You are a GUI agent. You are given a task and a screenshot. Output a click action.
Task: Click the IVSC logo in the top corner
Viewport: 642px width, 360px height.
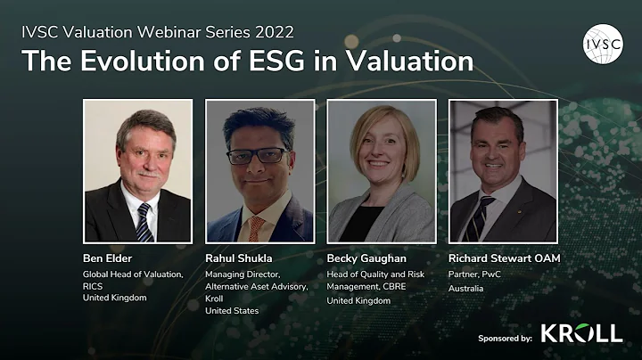(603, 44)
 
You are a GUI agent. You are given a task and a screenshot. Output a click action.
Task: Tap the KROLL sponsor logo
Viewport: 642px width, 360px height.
(581, 333)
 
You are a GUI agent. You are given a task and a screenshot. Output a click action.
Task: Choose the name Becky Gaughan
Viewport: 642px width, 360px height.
(365, 258)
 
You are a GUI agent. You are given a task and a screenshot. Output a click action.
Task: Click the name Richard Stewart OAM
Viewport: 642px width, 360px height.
(503, 258)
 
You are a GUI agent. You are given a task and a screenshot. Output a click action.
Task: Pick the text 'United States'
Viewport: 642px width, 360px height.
(232, 311)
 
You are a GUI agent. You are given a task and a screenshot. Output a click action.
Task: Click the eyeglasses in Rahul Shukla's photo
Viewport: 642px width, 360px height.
(257, 155)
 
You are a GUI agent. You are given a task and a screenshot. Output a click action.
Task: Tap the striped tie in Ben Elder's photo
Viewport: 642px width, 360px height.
(143, 222)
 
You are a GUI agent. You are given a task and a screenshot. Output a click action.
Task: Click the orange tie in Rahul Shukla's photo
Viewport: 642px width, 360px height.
(255, 229)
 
